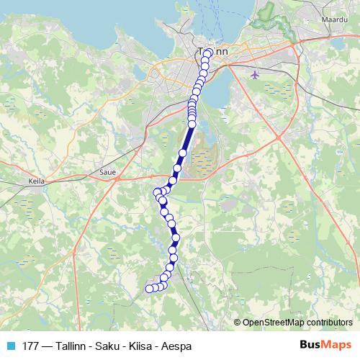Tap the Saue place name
pyautogui.click(x=106, y=173)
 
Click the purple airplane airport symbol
pyautogui.click(x=256, y=74)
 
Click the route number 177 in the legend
pyautogui.click(x=31, y=346)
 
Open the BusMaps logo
pyautogui.click(x=325, y=345)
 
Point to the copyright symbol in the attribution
pyautogui.click(x=238, y=322)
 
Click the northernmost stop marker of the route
pyautogui.click(x=208, y=53)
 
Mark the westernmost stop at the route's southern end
pyautogui.click(x=150, y=289)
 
